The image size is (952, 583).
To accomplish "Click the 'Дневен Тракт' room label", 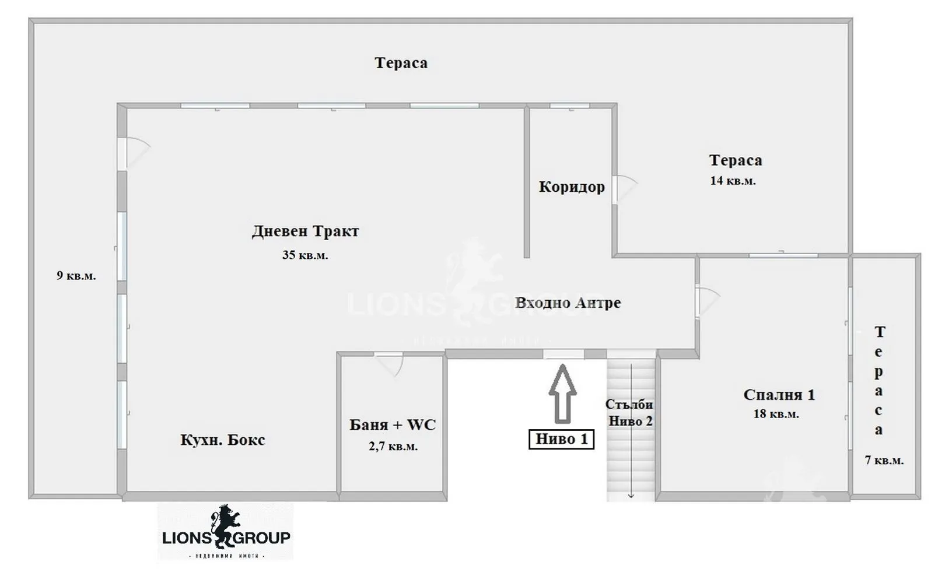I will [x=305, y=231].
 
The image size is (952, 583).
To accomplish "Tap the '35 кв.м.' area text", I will [x=305, y=255].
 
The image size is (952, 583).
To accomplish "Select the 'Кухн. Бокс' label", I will [x=222, y=440].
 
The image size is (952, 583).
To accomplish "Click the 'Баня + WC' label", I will [x=393, y=425].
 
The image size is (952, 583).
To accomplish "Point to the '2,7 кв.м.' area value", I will [x=393, y=447].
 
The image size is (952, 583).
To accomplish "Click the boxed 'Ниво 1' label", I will [x=561, y=439].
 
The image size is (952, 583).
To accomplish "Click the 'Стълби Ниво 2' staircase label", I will [x=630, y=413].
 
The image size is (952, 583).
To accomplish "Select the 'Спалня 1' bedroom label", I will [x=779, y=395].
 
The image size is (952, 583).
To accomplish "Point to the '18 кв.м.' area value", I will [x=776, y=415].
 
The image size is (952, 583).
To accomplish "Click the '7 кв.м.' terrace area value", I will [x=884, y=461].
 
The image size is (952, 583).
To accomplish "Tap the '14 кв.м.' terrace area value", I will [x=733, y=181].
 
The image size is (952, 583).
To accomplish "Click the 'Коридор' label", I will [x=572, y=187].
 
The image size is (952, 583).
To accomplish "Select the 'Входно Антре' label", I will [x=568, y=303].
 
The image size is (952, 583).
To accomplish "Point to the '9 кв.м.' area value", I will [x=76, y=276].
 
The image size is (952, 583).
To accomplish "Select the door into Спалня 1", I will [x=706, y=301].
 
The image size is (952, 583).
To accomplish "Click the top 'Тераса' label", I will [x=401, y=63].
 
